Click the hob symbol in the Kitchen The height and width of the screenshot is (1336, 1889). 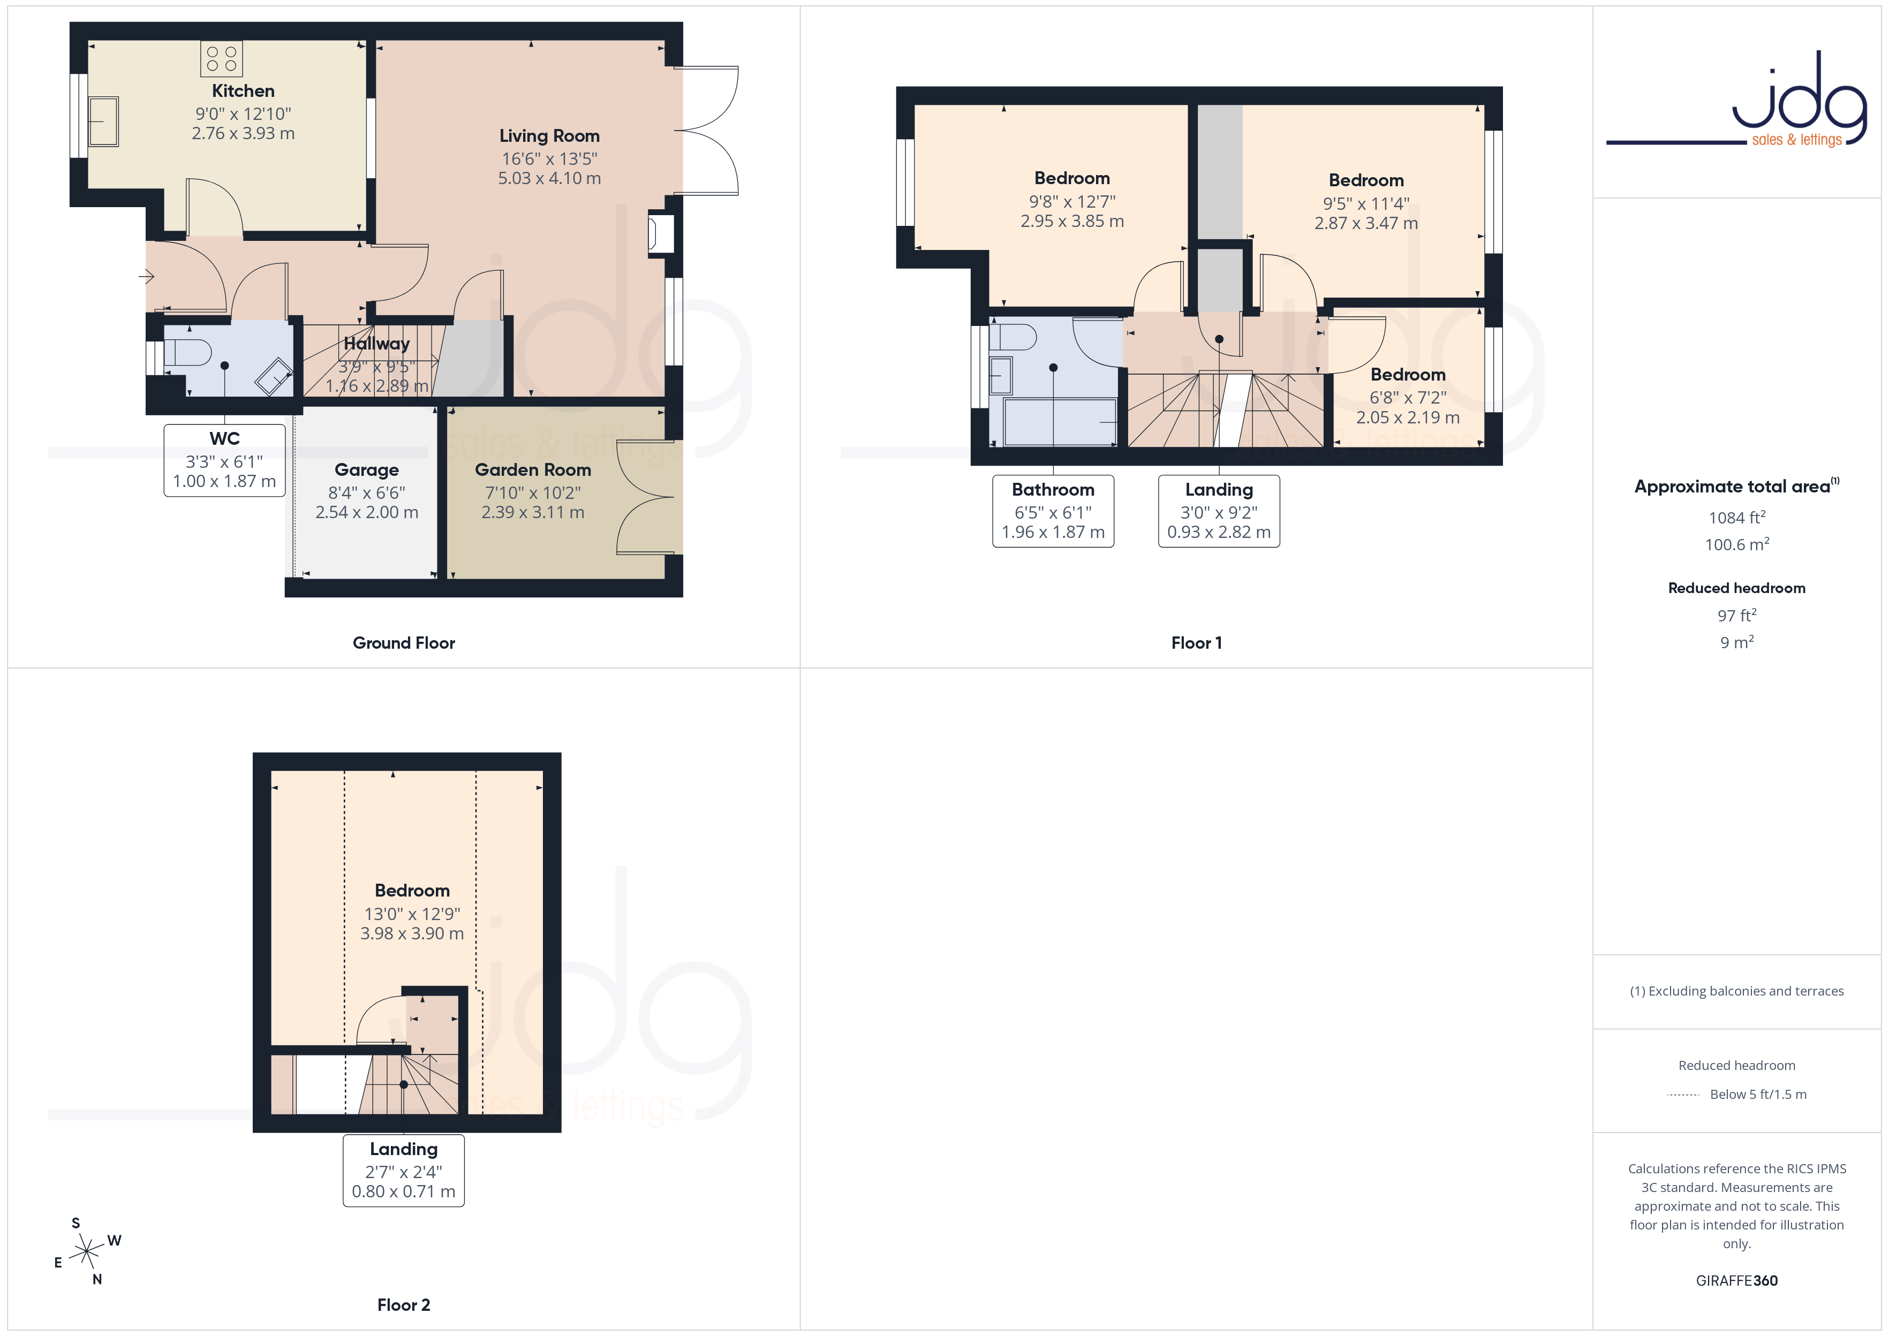[x=221, y=58]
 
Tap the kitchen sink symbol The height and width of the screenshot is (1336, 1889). [x=104, y=122]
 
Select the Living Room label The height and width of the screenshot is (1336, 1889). [x=549, y=136]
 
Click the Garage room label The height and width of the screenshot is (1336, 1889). [x=367, y=470]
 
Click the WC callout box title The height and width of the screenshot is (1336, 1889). [x=224, y=438]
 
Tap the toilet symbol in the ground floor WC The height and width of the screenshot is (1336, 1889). [x=188, y=352]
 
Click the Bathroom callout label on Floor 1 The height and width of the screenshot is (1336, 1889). [x=1053, y=489]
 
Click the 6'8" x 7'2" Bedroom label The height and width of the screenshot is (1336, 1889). [x=1408, y=374]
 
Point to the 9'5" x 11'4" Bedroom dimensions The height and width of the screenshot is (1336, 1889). [x=1366, y=203]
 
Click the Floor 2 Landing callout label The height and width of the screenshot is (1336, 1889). [x=403, y=1149]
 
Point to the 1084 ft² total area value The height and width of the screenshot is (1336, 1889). [x=1737, y=518]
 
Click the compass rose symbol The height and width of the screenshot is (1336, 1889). [x=86, y=1252]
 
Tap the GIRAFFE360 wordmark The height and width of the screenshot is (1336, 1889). [x=1737, y=1281]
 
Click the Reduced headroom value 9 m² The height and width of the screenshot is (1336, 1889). [x=1737, y=642]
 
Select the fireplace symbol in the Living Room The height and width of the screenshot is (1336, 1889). [x=661, y=234]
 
